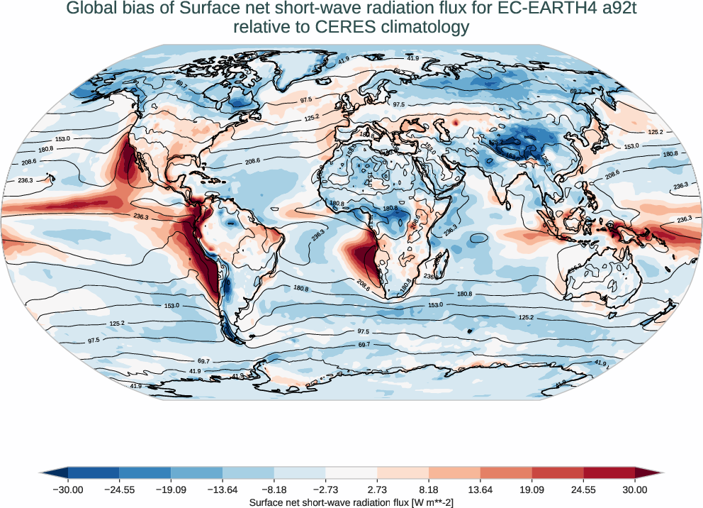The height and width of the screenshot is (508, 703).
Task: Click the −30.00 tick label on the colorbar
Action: pyautogui.click(x=68, y=490)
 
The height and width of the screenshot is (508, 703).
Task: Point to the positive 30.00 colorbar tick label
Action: pyautogui.click(x=635, y=490)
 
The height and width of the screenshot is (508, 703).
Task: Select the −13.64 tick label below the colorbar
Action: pyautogui.click(x=223, y=490)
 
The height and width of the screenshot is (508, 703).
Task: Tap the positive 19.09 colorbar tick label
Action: pyautogui.click(x=532, y=490)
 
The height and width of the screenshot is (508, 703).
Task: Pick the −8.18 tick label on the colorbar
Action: pyautogui.click(x=274, y=490)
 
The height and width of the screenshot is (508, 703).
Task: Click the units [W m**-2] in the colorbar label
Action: pyautogui.click(x=422, y=502)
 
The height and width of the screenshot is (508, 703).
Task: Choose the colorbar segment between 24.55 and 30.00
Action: pyautogui.click(x=609, y=473)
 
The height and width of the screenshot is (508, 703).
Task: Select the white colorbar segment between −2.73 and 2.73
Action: pyautogui.click(x=351, y=473)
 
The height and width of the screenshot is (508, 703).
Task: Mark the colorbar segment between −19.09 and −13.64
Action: pyautogui.click(x=197, y=473)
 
